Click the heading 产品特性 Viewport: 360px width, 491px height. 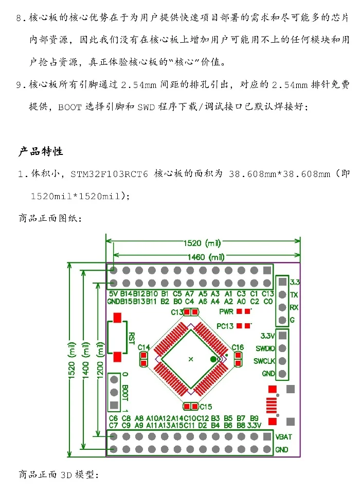click(41, 151)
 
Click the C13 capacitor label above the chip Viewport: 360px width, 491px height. click(177, 312)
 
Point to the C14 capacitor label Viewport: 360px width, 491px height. click(144, 347)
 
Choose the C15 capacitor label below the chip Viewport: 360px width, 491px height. click(206, 407)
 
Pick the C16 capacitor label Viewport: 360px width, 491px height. click(237, 347)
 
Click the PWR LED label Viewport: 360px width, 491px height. click(226, 311)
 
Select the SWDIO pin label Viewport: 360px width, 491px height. click(264, 348)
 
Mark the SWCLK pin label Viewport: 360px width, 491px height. click(264, 361)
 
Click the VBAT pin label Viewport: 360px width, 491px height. click(284, 436)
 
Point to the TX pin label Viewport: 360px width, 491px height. click(294, 295)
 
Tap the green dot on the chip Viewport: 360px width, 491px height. click(213, 359)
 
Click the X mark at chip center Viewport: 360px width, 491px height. click(191, 359)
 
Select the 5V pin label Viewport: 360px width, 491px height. click(113, 294)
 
